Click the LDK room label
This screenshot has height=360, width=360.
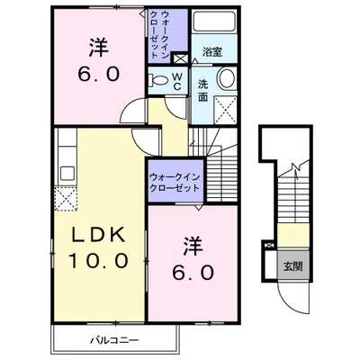(99, 236)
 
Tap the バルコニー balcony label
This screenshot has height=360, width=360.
(115, 340)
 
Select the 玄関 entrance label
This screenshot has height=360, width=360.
(292, 265)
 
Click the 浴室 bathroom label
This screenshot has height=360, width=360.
(212, 52)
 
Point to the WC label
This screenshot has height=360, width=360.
(176, 82)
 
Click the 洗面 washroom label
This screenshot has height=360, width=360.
(202, 91)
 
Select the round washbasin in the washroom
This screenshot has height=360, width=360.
(227, 77)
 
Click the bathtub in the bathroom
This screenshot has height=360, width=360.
(214, 21)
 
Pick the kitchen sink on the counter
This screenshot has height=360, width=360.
(67, 174)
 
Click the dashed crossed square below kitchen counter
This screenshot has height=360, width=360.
(66, 198)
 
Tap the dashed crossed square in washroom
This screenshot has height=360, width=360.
(226, 110)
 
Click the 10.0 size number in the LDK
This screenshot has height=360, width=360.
(99, 260)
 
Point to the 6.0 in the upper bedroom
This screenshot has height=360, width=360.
(99, 74)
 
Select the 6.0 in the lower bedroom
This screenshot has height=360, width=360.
(193, 273)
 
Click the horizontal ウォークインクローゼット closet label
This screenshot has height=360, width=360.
(175, 183)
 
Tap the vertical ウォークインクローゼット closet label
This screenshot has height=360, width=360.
(159, 35)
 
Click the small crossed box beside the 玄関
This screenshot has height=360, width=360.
(269, 245)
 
